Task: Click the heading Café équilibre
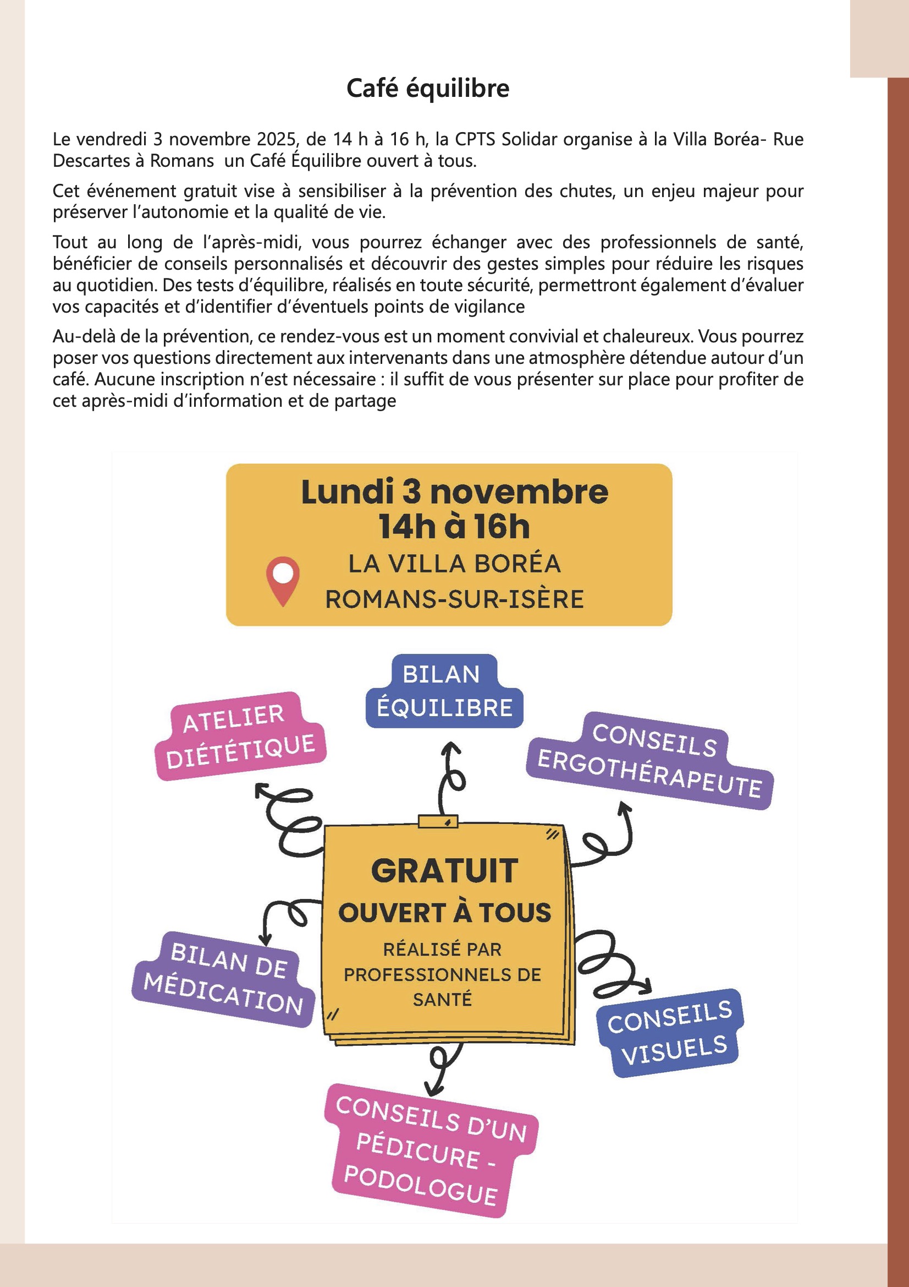(x=428, y=89)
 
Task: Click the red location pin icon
(x=283, y=580)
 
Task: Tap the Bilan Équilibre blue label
(x=444, y=692)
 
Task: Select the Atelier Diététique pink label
(x=240, y=736)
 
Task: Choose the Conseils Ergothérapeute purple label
(x=649, y=761)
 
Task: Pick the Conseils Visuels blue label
(x=670, y=1032)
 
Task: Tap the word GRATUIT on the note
(x=444, y=871)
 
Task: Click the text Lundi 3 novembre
(x=454, y=492)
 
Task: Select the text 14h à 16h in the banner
(x=454, y=527)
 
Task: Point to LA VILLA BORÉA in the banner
(x=454, y=564)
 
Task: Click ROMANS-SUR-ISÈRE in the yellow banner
(x=454, y=599)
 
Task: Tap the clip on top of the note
(x=438, y=822)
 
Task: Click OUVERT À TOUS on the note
(x=445, y=913)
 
